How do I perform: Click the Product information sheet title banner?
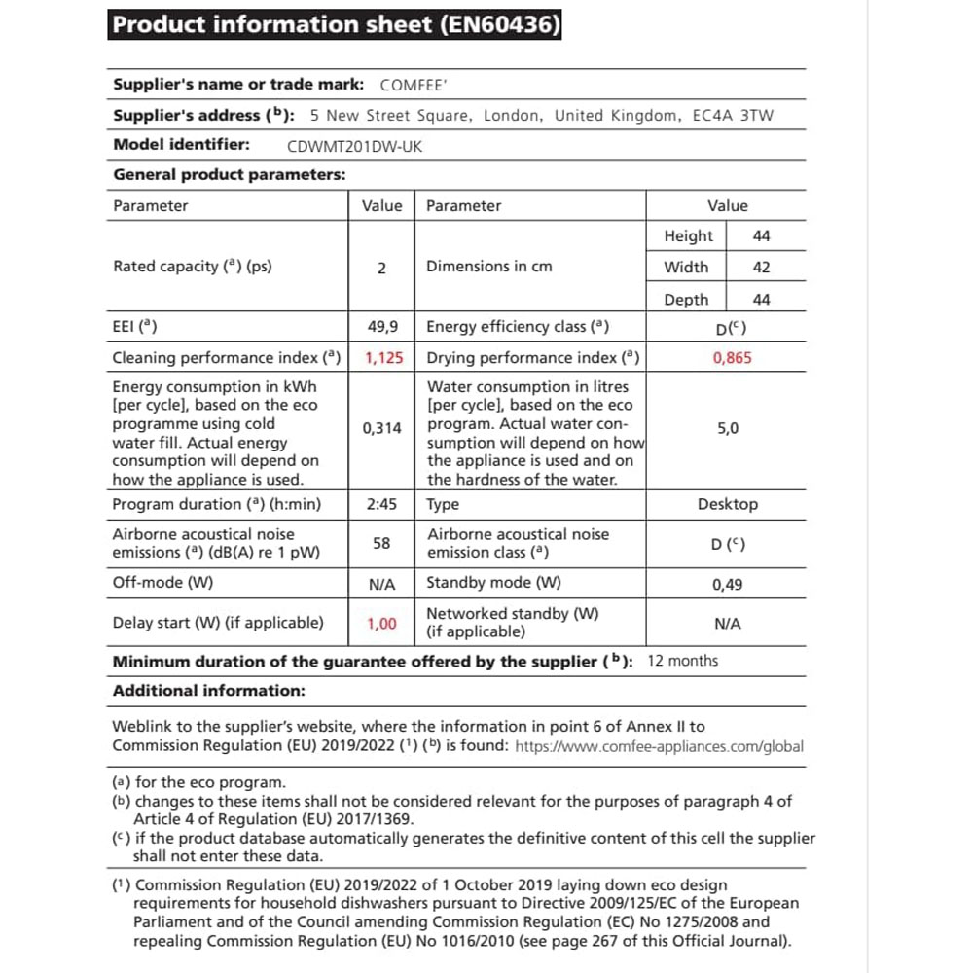pyautogui.click(x=336, y=25)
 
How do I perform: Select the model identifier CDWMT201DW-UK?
pyautogui.click(x=355, y=147)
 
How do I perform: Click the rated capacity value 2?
pyautogui.click(x=381, y=268)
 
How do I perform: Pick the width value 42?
pyautogui.click(x=761, y=268)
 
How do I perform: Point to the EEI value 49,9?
pyautogui.click(x=381, y=328)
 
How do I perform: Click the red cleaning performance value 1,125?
pyautogui.click(x=383, y=358)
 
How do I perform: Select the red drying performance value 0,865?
pyautogui.click(x=732, y=358)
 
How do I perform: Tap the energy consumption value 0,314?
pyautogui.click(x=381, y=428)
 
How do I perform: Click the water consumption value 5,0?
pyautogui.click(x=728, y=428)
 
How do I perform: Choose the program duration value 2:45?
pyautogui.click(x=381, y=505)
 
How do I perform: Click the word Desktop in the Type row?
pyautogui.click(x=728, y=505)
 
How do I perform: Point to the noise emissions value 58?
pyautogui.click(x=381, y=543)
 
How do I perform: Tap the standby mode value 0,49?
pyautogui.click(x=728, y=585)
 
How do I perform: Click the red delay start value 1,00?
pyautogui.click(x=381, y=624)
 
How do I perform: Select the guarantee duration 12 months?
pyautogui.click(x=683, y=662)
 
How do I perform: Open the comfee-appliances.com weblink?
pyautogui.click(x=659, y=747)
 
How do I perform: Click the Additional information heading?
pyautogui.click(x=209, y=691)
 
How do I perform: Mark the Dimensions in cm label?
pyautogui.click(x=488, y=267)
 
